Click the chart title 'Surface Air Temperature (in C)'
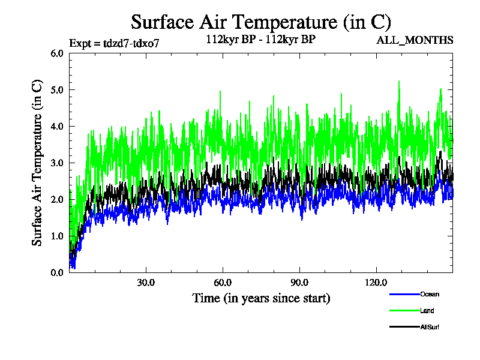(x=261, y=22)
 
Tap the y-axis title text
(x=37, y=163)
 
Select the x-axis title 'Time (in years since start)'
(x=261, y=298)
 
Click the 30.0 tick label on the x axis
(x=146, y=283)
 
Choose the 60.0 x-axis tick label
(x=223, y=283)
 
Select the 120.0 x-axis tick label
(x=376, y=283)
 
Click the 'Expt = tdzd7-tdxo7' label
(x=115, y=43)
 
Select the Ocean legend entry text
(x=430, y=294)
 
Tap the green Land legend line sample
(x=404, y=311)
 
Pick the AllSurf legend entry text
(x=431, y=327)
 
